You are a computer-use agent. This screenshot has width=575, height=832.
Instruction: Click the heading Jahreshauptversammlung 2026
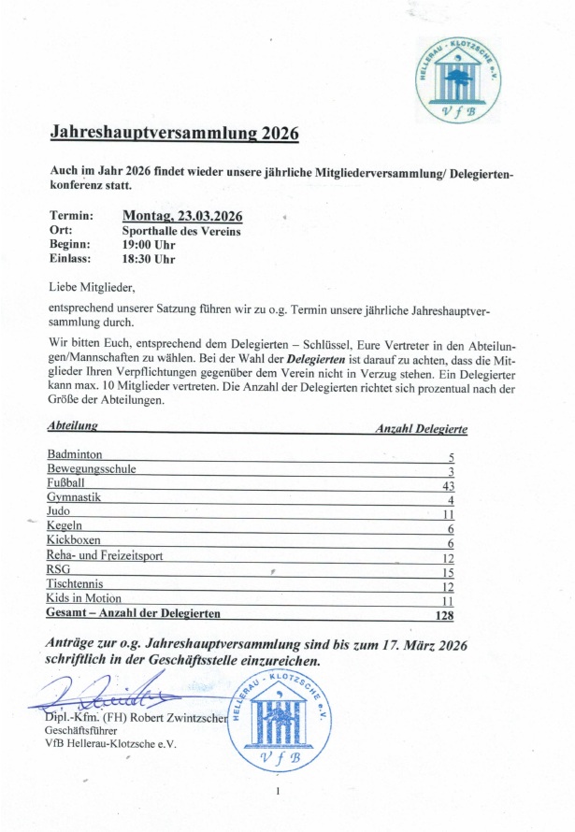175,134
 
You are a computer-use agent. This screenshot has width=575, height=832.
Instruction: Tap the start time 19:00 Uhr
149,245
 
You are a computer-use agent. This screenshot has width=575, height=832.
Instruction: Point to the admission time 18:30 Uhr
149,259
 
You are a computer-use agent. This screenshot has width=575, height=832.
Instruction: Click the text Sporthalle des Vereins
181,231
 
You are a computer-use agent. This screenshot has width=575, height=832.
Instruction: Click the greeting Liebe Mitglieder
92,287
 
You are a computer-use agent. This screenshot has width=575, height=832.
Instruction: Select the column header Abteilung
72,426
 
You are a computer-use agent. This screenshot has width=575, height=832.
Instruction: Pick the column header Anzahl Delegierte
422,429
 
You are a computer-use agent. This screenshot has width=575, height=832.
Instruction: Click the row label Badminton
75,453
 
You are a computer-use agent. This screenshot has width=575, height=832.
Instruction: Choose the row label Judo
60,513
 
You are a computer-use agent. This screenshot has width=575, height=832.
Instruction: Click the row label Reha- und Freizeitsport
105,555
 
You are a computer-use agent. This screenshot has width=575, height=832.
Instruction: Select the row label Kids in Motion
84,598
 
